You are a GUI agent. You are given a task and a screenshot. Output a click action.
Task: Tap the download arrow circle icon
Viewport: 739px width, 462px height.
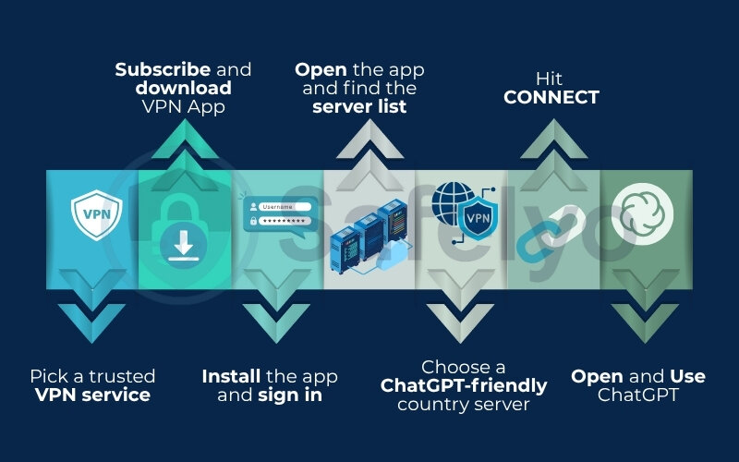pos(184,246)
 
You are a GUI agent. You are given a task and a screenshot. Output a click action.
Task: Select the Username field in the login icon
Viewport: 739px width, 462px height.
pos(284,206)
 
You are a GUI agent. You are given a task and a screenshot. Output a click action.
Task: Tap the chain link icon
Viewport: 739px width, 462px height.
pos(551,231)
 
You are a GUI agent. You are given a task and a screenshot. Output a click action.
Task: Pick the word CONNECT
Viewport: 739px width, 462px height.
pos(551,97)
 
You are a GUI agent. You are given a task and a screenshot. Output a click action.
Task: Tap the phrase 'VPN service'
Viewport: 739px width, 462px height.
pos(92,395)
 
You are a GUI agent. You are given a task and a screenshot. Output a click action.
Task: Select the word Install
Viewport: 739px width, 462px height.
pos(232,377)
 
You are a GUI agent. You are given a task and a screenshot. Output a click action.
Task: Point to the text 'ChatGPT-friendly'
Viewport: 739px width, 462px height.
pos(464,385)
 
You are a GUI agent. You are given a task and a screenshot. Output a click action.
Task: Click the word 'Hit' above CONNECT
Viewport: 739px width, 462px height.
pos(551,79)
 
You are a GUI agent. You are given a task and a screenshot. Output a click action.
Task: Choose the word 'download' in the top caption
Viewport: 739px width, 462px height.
pos(184,88)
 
